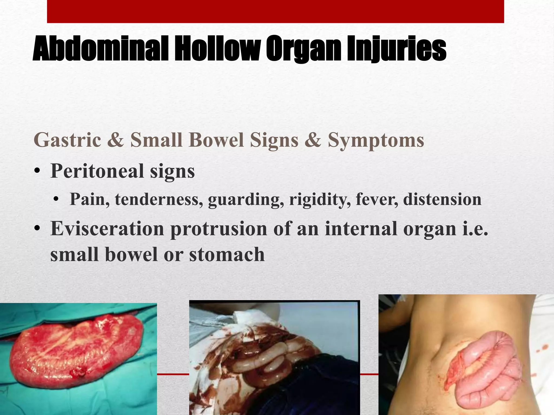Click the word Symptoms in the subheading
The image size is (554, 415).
[376, 140]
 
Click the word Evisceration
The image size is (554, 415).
[107, 229]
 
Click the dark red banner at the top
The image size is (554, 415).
[275, 11]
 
